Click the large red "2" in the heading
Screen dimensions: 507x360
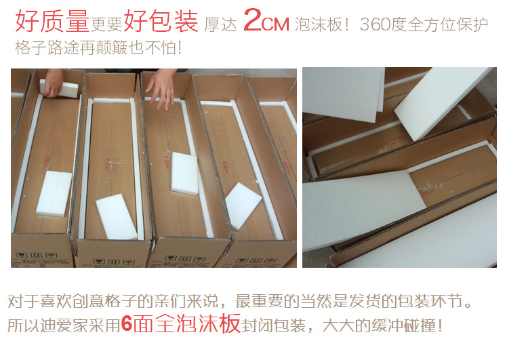point(253,20)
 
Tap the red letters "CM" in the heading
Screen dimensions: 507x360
point(275,24)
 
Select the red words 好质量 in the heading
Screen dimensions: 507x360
point(52,21)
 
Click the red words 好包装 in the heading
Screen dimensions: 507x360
point(161,21)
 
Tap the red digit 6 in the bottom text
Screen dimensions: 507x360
point(127,324)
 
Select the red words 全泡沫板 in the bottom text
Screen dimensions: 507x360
point(197,323)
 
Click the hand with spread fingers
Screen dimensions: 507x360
point(162,88)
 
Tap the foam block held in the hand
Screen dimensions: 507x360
point(59,88)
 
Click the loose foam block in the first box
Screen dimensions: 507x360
point(54,193)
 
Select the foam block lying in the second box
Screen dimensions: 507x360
point(117,217)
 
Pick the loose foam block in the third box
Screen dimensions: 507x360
point(184,174)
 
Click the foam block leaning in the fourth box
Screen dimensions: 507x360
point(243,206)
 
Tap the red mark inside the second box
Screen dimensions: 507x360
point(108,163)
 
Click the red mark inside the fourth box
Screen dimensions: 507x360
point(226,167)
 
